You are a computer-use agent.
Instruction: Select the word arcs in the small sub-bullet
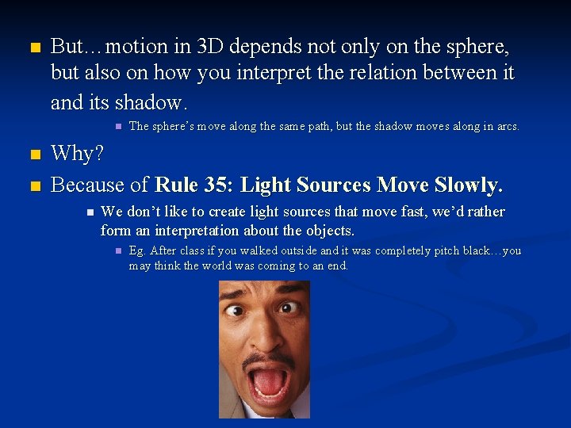[x=504, y=126]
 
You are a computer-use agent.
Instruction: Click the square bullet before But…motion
[x=33, y=48]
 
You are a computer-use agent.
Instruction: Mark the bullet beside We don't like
[x=90, y=212]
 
